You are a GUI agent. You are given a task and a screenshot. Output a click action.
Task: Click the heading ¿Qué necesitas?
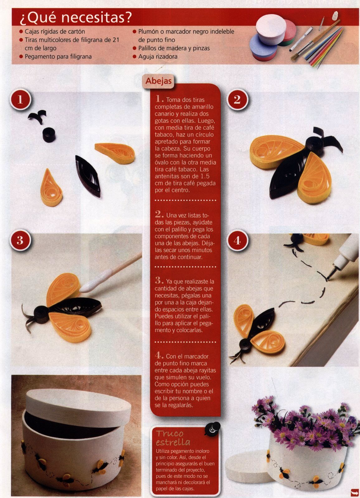[76, 18]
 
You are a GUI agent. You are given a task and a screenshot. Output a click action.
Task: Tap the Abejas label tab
[159, 81]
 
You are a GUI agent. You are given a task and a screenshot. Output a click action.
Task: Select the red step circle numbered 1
[20, 99]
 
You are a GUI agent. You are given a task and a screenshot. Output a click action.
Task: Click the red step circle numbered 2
[237, 99]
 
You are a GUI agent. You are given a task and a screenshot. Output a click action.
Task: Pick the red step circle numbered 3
[20, 240]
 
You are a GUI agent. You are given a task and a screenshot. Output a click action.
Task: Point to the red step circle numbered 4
[237, 240]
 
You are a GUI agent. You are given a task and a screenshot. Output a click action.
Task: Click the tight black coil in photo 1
[49, 135]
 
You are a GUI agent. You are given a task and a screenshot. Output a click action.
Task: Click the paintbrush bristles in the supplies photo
[296, 57]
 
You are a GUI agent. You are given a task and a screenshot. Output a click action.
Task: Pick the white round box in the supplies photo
[271, 29]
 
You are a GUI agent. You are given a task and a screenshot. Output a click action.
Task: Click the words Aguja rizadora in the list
[158, 57]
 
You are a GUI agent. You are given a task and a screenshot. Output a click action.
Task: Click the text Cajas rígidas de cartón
[55, 31]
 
